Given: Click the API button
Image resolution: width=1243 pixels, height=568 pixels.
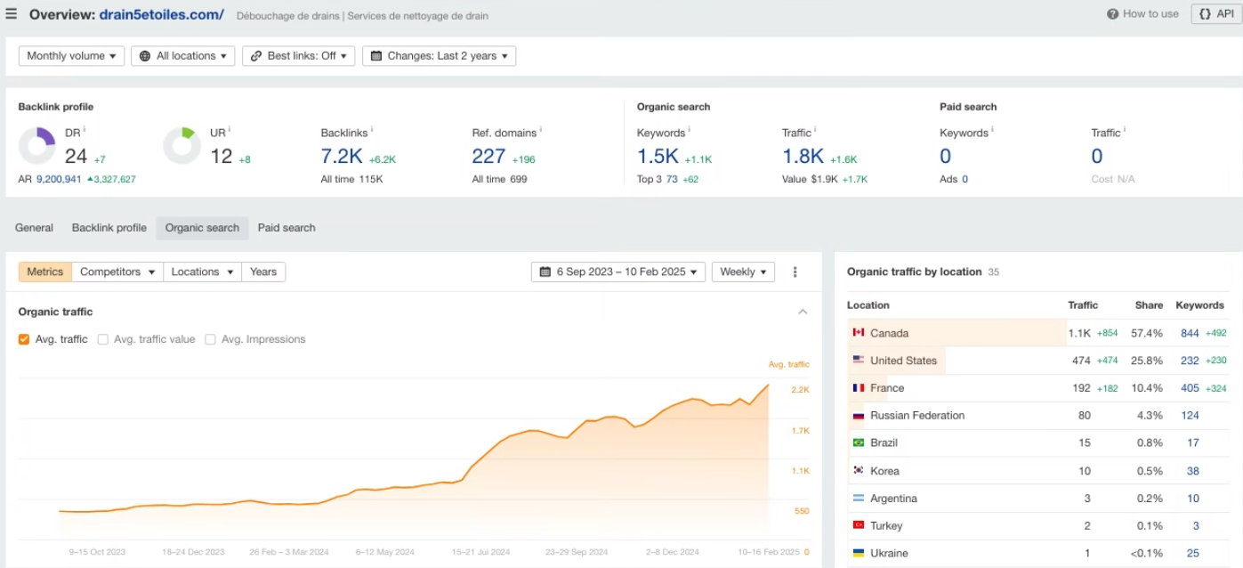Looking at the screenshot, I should (x=1217, y=14).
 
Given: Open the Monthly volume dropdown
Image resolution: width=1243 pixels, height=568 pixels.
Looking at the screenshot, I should (x=71, y=56).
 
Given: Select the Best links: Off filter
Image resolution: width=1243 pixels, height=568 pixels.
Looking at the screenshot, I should (x=298, y=56).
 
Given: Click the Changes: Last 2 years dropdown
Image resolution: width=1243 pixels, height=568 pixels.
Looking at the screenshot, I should (x=439, y=56).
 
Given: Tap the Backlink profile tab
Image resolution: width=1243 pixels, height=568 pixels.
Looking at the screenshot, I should (x=109, y=228).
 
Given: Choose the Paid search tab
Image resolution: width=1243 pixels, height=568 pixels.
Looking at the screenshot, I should (x=287, y=228).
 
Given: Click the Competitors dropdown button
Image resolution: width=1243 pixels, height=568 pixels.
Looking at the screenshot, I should (x=117, y=272).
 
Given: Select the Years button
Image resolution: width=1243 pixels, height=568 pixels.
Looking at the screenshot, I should (x=263, y=272).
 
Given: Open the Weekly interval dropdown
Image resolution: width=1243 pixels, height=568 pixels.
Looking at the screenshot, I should (x=743, y=272).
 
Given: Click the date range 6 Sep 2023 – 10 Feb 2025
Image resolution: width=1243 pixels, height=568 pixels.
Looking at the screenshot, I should (x=618, y=272).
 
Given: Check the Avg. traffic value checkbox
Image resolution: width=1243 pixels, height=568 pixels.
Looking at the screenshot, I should (x=103, y=339).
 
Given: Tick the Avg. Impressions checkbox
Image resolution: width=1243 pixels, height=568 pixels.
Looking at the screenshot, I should (x=211, y=339).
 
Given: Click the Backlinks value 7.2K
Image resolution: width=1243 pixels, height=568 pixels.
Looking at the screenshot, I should (x=342, y=157).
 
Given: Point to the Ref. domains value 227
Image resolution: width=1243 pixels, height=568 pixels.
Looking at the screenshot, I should (x=488, y=157).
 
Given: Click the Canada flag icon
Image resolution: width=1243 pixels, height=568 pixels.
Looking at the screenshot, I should (x=859, y=333).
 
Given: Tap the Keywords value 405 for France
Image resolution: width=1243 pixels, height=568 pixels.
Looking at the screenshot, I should (x=1190, y=388).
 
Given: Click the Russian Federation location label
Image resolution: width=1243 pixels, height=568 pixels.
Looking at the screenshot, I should (x=916, y=416).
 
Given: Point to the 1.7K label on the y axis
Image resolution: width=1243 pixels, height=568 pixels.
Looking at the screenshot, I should (x=800, y=431).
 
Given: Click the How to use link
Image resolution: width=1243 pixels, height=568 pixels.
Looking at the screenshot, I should (x=1142, y=14).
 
